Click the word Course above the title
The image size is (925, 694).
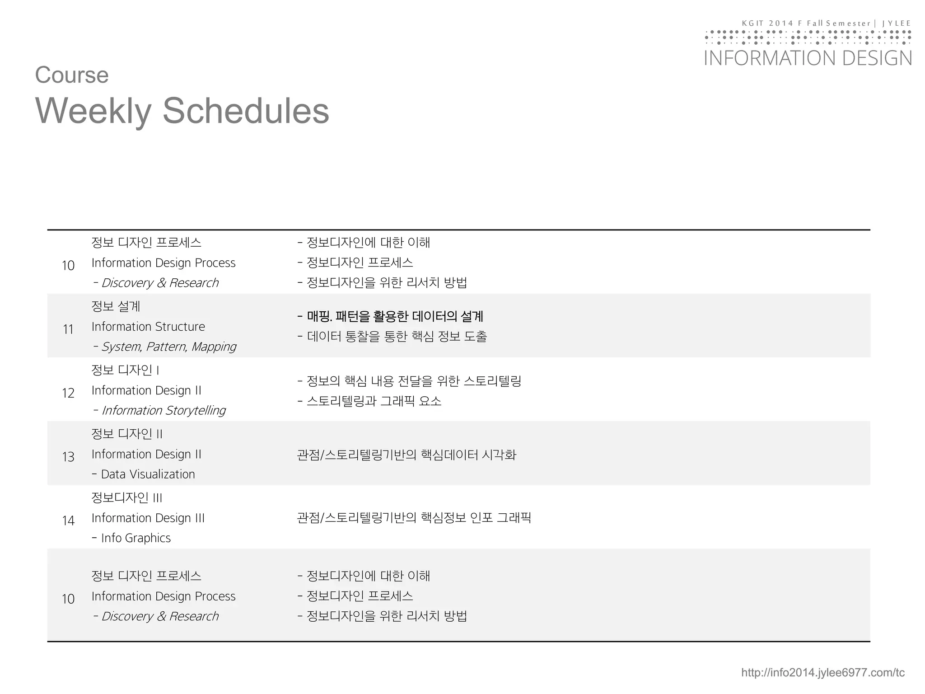pos(72,75)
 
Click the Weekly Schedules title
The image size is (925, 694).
pos(182,111)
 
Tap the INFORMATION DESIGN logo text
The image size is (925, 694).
pos(808,59)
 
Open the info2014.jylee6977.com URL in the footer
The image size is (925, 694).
pos(822,673)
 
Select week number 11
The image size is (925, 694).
pos(68,329)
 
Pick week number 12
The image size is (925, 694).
pos(68,393)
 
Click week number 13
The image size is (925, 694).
pos(68,457)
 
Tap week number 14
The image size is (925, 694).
pos(68,520)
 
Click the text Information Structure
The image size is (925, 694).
pos(148,327)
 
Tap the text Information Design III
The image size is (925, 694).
pos(148,518)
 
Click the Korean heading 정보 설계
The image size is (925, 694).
pos(116,306)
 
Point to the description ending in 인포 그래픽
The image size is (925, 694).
pos(414,517)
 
